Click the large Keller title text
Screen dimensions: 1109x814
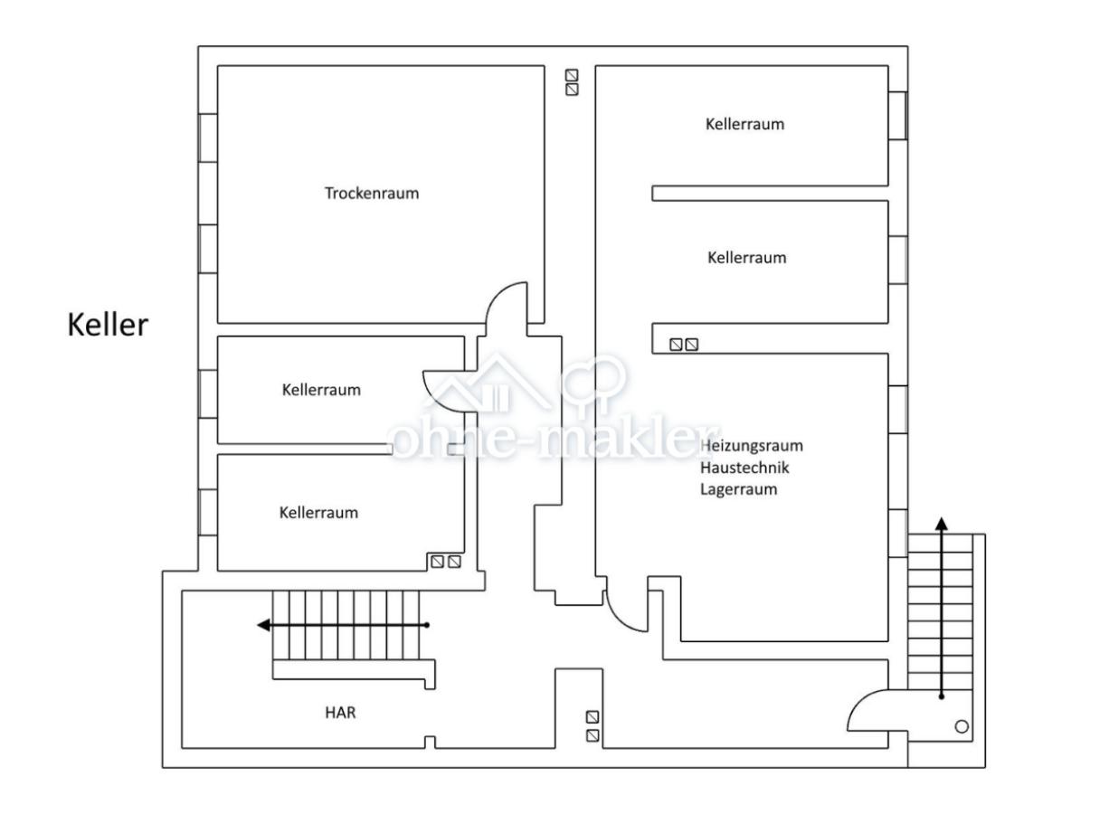[108, 326]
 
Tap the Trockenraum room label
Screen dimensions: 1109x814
[372, 194]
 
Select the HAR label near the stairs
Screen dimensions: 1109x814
[340, 713]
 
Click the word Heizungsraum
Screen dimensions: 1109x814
[752, 446]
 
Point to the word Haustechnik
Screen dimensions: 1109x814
[744, 468]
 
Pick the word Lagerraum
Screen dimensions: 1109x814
[739, 489]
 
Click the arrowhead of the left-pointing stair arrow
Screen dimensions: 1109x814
[263, 625]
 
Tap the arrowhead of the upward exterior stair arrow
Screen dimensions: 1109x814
[942, 524]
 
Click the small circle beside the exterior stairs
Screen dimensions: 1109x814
[962, 727]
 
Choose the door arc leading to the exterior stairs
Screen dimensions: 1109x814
[860, 703]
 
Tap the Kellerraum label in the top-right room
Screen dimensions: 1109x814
[745, 124]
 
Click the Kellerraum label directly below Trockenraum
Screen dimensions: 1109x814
[321, 390]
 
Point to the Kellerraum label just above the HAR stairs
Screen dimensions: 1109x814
[318, 513]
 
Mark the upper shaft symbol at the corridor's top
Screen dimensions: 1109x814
[572, 75]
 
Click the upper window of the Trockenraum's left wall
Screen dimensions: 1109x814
[208, 138]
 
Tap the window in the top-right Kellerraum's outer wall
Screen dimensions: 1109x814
[898, 116]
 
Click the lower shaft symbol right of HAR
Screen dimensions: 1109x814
[592, 736]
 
